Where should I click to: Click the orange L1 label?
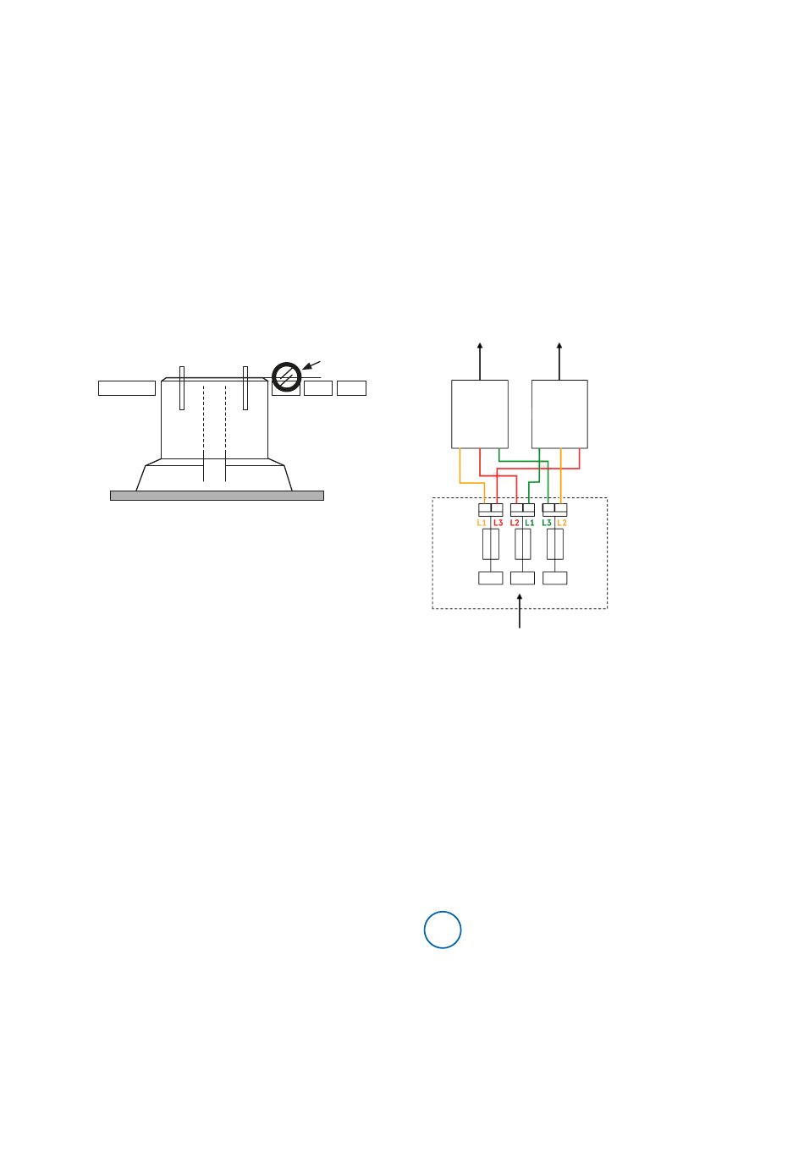click(482, 523)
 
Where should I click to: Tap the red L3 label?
click(498, 523)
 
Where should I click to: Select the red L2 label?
click(515, 523)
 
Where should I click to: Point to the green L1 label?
click(529, 523)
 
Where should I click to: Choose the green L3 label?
click(547, 523)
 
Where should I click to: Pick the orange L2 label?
click(561, 523)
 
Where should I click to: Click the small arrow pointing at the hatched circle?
click(311, 365)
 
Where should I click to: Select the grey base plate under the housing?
click(217, 496)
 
